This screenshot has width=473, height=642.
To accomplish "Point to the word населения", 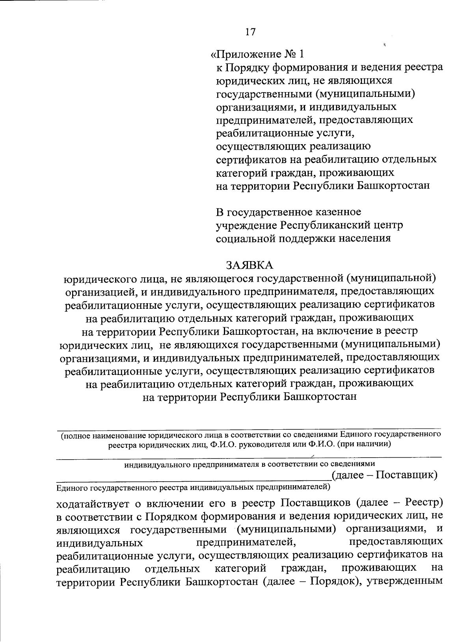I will (x=361, y=239).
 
